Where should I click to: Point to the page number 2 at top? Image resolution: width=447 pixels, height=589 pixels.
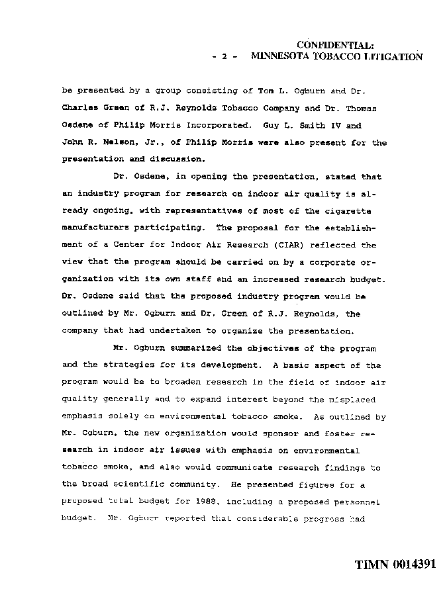225,58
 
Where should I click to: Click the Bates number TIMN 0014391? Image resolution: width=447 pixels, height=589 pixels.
395,565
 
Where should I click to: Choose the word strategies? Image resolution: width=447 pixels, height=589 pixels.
134,365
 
